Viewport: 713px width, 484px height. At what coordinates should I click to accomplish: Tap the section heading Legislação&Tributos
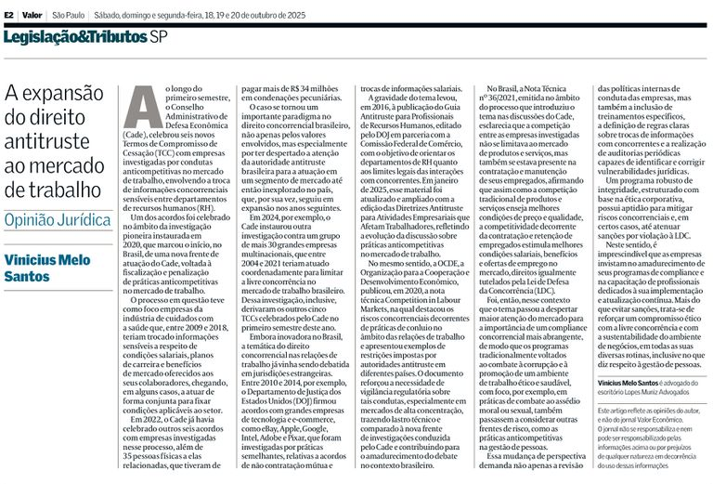pyautogui.click(x=74, y=37)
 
